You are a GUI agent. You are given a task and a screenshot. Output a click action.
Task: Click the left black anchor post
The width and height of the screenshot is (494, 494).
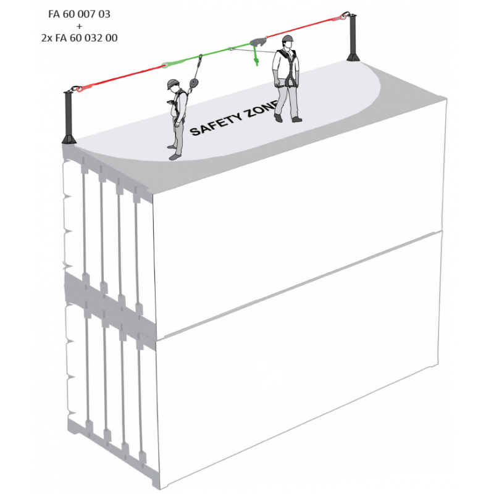pos(69,114)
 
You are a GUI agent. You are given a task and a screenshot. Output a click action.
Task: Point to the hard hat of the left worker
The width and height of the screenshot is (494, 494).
pos(172,82)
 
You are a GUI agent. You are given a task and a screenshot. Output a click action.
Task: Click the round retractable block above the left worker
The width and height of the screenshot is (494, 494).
pos(193,83)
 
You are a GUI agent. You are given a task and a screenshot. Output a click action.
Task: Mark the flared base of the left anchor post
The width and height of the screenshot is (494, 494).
pos(69,138)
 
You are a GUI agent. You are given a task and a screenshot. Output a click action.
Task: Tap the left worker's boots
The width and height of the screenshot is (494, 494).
pos(176,156)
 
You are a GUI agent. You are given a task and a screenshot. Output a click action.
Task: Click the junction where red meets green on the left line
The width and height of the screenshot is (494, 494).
pos(167,64)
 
